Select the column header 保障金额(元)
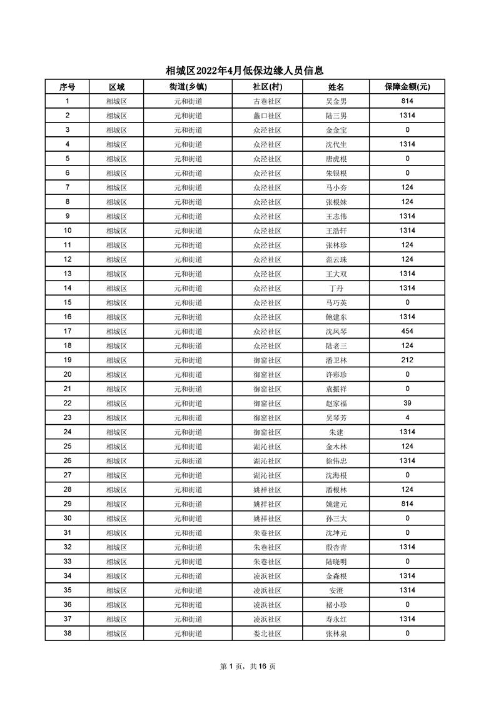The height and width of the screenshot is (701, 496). [407, 87]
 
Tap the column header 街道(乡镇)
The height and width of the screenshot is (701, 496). [188, 87]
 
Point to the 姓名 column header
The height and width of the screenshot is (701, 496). [336, 87]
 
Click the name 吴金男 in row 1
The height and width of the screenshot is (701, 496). [336, 101]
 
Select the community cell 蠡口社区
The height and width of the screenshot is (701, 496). [267, 116]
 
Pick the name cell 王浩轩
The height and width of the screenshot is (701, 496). [336, 231]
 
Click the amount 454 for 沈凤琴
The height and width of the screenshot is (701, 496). [407, 332]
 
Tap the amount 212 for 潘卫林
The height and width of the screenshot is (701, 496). [407, 360]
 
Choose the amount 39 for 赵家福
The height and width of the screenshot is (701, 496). [407, 404]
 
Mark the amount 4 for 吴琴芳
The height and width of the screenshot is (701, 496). [407, 418]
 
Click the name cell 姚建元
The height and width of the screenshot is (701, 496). [336, 504]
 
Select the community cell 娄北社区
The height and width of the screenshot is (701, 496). [267, 634]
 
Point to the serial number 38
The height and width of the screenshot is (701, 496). [67, 634]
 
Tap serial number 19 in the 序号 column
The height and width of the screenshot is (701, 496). [67, 360]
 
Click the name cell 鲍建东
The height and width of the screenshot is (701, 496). [336, 317]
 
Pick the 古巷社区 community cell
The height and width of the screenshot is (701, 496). [267, 101]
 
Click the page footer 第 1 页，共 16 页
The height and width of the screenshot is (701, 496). [248, 666]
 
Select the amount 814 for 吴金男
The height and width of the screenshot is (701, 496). [407, 101]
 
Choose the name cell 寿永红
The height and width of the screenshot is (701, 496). [336, 619]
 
